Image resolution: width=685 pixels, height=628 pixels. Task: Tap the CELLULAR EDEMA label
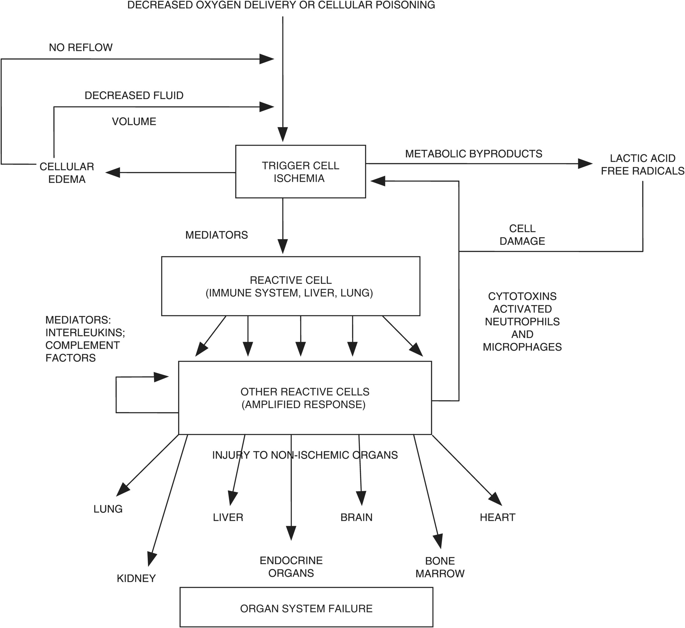67,173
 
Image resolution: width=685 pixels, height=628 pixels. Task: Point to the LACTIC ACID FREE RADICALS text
643,164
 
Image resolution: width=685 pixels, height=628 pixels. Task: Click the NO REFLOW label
80,48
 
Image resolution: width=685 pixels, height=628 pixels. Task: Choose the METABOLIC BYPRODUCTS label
474,154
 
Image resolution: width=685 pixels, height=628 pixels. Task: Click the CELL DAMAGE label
522,234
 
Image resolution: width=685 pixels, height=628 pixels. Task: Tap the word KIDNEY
136,578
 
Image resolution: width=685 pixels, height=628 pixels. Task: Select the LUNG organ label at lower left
108,509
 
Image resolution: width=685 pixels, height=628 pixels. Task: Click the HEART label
497,517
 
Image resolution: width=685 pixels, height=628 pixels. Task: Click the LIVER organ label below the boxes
228,517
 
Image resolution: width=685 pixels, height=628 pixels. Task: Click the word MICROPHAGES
522,347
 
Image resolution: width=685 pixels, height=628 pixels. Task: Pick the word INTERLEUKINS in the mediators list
85,332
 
